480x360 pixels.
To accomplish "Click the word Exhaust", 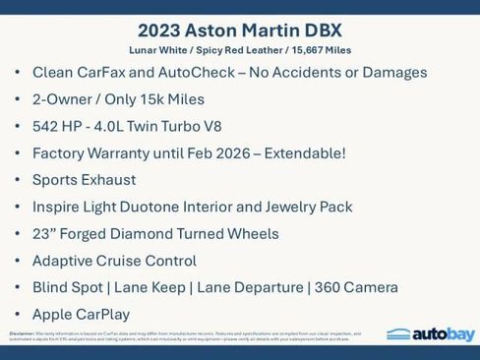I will (x=133, y=180).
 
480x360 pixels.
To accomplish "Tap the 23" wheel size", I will (x=45, y=234).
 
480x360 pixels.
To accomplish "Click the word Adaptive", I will (x=65, y=261).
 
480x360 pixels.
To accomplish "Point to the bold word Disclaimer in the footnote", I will (x=22, y=333).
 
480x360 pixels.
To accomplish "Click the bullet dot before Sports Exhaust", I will (x=17, y=180).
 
